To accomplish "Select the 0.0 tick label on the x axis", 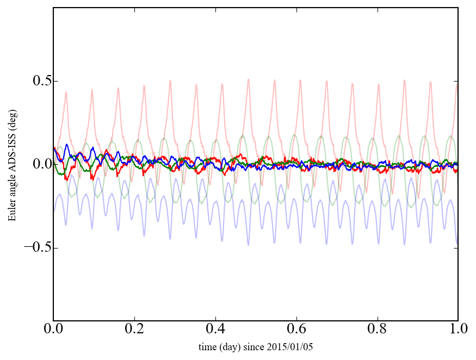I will tap(53, 330).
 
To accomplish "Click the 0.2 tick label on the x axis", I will tap(134, 330).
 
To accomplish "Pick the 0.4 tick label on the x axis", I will tap(215, 330).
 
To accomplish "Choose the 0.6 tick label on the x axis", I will tap(296, 330).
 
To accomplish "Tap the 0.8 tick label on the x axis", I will tap(377, 330).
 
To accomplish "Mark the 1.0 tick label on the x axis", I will tap(458, 330).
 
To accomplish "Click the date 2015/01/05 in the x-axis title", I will tap(294, 346).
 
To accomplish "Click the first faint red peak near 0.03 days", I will tap(66, 92).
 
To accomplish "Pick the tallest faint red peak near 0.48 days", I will tap(248, 79).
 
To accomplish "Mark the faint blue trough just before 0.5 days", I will tap(249, 245).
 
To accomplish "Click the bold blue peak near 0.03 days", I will tap(66, 145).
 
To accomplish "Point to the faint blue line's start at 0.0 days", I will tap(54, 211).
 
